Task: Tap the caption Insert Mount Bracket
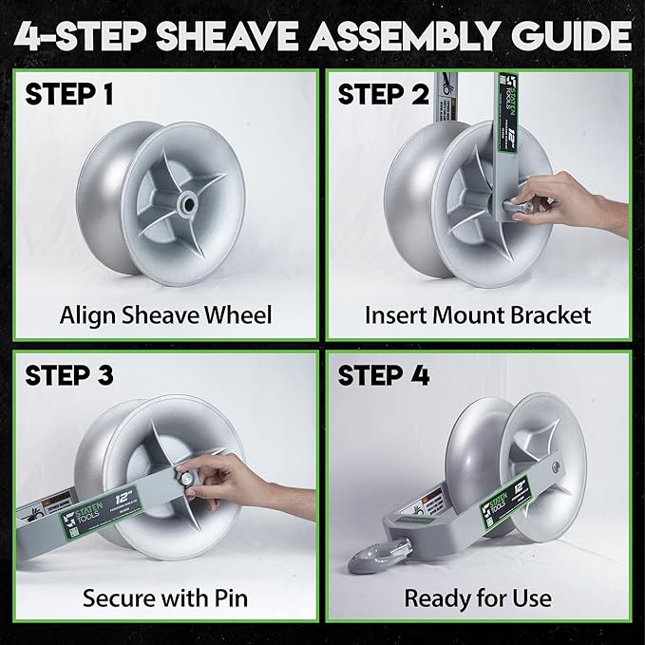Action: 478,314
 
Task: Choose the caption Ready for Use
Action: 478,598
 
